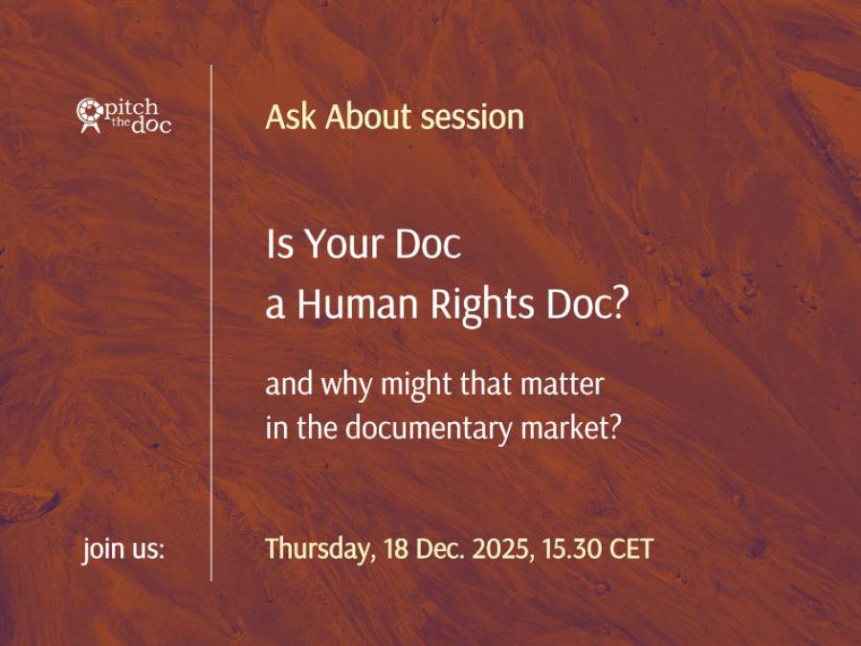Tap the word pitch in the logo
pyautogui.click(x=131, y=108)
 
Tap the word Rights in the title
pyautogui.click(x=482, y=305)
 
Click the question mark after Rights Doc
pyautogui.click(x=617, y=303)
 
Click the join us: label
pyautogui.click(x=123, y=548)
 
